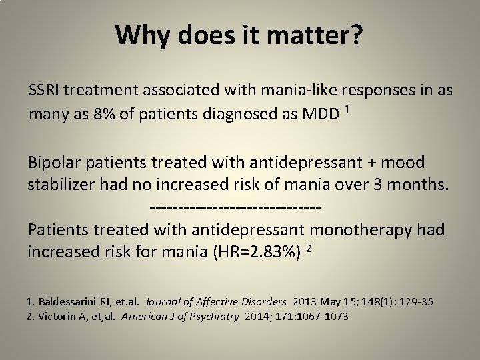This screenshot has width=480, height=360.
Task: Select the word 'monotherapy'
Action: pyautogui.click(x=356, y=229)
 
